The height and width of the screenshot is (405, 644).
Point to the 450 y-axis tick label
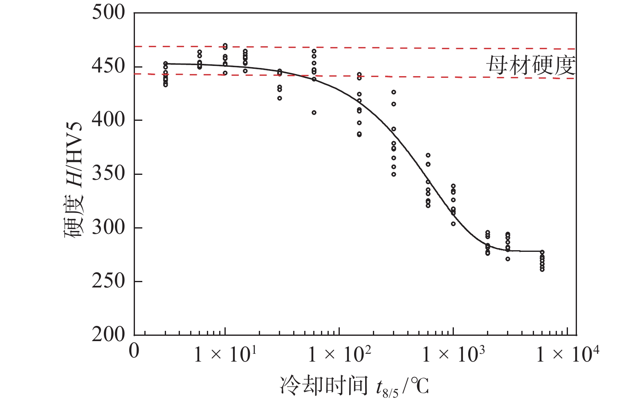click(x=108, y=66)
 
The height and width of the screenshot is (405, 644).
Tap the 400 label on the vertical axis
click(x=108, y=120)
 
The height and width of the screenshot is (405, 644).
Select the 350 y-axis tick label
click(x=108, y=174)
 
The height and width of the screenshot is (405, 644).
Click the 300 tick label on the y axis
click(x=108, y=227)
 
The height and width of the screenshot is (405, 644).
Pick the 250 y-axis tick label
click(x=108, y=281)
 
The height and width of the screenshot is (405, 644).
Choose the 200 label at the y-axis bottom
click(x=108, y=335)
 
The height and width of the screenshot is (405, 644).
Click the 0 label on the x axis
click(x=134, y=351)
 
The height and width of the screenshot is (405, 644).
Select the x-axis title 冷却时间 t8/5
click(x=354, y=386)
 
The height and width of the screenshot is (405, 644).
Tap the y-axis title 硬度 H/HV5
click(x=74, y=180)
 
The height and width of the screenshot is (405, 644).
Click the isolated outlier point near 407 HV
click(x=314, y=113)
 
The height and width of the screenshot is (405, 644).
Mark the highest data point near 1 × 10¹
click(x=225, y=45)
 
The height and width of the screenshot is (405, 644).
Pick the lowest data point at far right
click(x=542, y=269)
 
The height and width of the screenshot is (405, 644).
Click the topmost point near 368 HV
click(x=428, y=155)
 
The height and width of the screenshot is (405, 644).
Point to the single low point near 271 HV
click(x=508, y=259)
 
